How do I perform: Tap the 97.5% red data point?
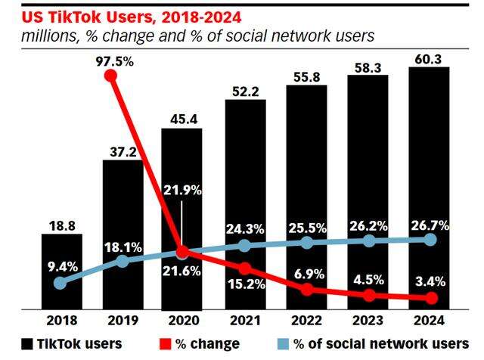(x=111, y=76)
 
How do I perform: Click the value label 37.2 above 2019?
(x=123, y=151)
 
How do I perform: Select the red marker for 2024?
(x=430, y=298)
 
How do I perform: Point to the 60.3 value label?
(x=430, y=58)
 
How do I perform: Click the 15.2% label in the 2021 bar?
(x=244, y=285)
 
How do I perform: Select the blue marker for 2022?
(x=306, y=243)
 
